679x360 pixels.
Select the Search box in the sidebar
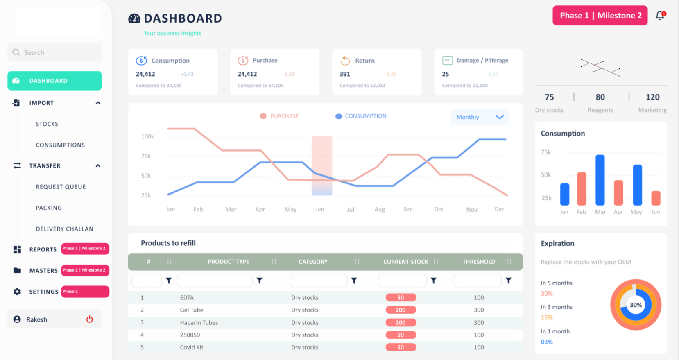pyautogui.click(x=54, y=52)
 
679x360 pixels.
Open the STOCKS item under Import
pyautogui.click(x=47, y=124)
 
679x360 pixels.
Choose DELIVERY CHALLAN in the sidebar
pyautogui.click(x=64, y=229)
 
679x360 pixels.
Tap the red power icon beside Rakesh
pyautogui.click(x=89, y=319)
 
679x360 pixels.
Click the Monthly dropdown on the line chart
pyautogui.click(x=480, y=117)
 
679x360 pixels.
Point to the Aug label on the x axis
pyautogui.click(x=380, y=210)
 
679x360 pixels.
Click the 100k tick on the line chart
pyautogui.click(x=147, y=136)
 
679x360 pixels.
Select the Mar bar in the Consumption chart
pyautogui.click(x=600, y=180)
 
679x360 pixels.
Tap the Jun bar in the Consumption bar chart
pyautogui.click(x=656, y=198)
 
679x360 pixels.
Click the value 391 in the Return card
pyautogui.click(x=345, y=74)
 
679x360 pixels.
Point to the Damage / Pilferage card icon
pyautogui.click(x=447, y=61)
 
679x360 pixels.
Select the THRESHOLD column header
pyautogui.click(x=478, y=262)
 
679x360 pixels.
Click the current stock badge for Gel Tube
pyautogui.click(x=401, y=310)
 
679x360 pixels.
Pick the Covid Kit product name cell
pyautogui.click(x=192, y=347)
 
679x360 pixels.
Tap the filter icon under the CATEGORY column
pyautogui.click(x=354, y=281)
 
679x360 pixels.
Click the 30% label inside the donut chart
pyautogui.click(x=636, y=305)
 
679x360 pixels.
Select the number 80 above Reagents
pyautogui.click(x=600, y=97)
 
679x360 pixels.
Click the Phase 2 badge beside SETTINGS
pyautogui.click(x=85, y=292)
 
